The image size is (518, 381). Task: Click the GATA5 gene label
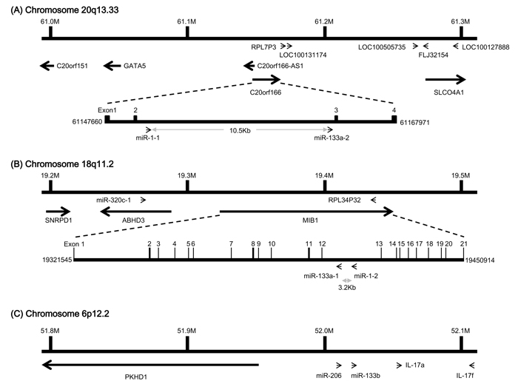(135, 66)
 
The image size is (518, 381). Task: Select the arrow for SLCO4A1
(445, 79)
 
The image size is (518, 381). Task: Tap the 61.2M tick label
(324, 21)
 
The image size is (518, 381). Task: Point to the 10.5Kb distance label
(240, 130)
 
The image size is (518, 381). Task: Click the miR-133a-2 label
(332, 138)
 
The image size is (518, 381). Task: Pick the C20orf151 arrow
(47, 66)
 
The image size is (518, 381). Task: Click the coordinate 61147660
(87, 122)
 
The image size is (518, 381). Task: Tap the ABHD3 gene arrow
(135, 212)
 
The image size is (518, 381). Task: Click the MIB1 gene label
(310, 220)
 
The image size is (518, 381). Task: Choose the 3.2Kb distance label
(347, 288)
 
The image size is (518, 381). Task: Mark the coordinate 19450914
(480, 260)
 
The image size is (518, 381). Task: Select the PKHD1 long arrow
(150, 365)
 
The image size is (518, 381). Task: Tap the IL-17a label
(415, 365)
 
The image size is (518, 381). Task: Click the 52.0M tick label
(324, 331)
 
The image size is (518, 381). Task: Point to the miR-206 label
(329, 376)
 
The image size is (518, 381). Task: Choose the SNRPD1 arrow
(58, 212)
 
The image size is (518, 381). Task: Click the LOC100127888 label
(485, 47)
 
